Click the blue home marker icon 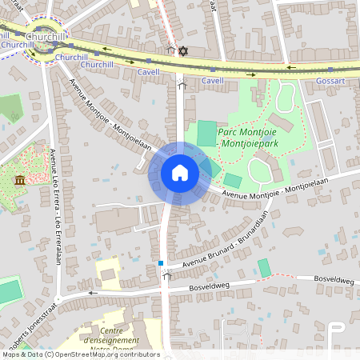click(180, 173)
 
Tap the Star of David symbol click(182, 51)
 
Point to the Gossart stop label click(330, 82)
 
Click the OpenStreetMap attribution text click(80, 354)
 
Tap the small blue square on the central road click(161, 262)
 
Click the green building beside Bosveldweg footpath click(264, 268)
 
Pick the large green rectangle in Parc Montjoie click(206, 131)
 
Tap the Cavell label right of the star click(212, 81)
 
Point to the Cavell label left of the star click(148, 71)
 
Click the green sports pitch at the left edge click(9, 291)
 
